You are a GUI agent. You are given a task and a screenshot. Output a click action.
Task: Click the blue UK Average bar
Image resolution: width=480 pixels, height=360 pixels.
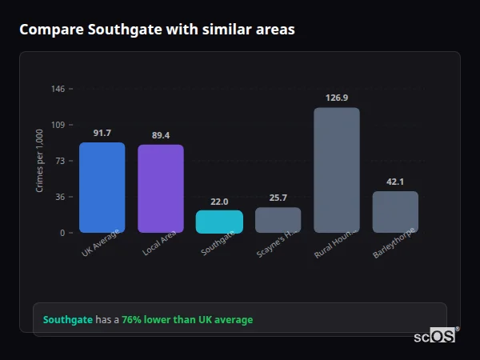102,188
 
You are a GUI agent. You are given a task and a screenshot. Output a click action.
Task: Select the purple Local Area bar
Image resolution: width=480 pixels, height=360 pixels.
161,189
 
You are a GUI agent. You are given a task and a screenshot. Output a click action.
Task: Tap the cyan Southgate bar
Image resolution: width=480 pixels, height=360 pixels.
219,222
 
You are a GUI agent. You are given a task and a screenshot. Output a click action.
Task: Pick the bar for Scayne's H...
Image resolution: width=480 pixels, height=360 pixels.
278,220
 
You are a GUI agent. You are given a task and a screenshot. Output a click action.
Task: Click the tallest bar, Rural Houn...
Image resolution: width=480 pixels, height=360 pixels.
337,170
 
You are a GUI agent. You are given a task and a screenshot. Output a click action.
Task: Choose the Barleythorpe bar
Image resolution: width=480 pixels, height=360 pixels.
395,212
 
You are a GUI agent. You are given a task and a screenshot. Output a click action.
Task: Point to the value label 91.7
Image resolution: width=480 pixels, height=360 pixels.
102,133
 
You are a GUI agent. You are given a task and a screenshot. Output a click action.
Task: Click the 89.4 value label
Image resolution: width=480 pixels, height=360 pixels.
161,135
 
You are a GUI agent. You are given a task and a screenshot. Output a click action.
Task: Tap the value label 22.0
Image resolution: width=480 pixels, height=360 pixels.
219,202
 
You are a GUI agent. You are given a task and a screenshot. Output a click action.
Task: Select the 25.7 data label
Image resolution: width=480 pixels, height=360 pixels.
278,198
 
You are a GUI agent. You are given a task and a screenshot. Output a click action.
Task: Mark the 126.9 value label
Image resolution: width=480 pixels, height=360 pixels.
337,98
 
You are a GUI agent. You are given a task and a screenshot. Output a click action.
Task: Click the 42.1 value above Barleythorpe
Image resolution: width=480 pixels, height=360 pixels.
395,182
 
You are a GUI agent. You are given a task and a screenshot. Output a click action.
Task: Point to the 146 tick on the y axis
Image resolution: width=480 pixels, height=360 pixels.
58,89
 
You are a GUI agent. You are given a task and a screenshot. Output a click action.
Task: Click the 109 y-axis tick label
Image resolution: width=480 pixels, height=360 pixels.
58,125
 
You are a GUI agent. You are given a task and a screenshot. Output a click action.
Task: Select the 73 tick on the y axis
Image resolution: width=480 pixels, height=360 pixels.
60,161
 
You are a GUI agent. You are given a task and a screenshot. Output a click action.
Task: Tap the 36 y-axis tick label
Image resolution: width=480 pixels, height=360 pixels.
60,197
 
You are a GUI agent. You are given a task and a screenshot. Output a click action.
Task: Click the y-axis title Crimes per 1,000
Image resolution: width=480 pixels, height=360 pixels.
40,161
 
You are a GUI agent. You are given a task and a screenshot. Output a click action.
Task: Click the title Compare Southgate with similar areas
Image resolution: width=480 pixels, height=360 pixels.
157,30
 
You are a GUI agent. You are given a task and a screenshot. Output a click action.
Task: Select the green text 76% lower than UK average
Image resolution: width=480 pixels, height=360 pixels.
187,320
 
